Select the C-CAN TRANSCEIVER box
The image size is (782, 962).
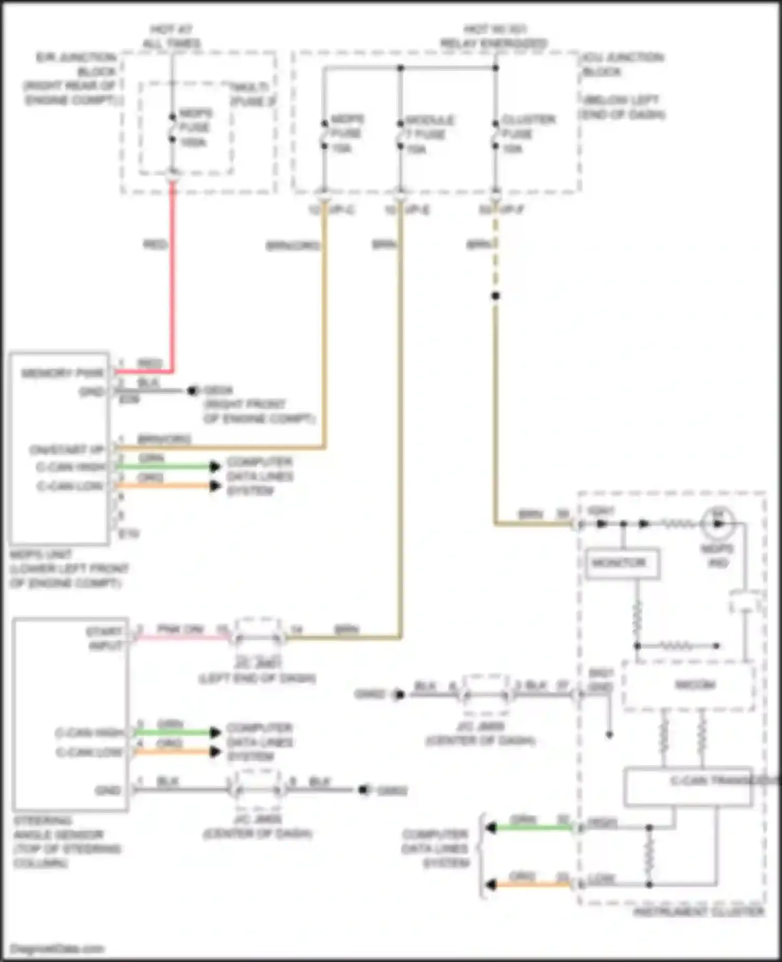click(x=688, y=786)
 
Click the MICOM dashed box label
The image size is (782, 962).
click(x=695, y=685)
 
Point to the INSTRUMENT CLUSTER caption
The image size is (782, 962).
click(x=699, y=912)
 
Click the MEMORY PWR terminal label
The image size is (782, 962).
click(x=63, y=373)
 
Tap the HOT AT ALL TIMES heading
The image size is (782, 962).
click(x=172, y=36)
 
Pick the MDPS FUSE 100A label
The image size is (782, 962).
click(x=195, y=128)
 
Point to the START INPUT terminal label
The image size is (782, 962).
click(x=105, y=638)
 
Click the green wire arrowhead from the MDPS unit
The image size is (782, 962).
click(x=215, y=466)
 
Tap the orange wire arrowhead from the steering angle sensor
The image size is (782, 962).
click(x=215, y=751)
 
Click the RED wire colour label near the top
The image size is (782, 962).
click(x=155, y=244)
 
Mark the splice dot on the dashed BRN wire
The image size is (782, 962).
click(x=495, y=296)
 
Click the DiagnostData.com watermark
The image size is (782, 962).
click(x=57, y=948)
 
